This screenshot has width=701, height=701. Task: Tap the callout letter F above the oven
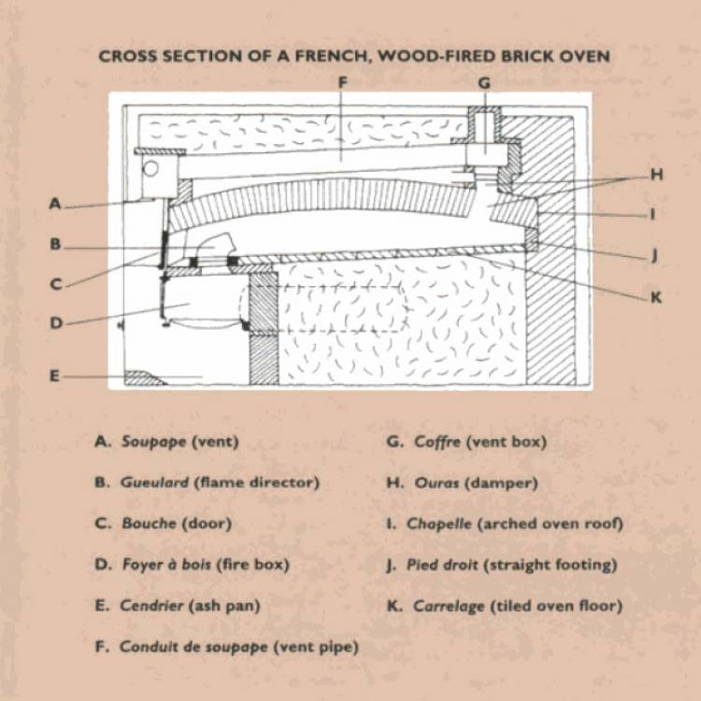point(343,82)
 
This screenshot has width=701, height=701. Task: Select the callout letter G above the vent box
point(483,82)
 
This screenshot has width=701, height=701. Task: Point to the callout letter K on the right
point(656,297)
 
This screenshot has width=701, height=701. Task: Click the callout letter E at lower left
point(55,376)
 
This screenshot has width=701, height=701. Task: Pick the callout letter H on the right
point(656,174)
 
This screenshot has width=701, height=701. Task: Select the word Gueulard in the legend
point(154,482)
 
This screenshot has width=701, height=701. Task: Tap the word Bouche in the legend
point(147,523)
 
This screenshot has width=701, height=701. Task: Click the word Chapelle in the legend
point(439,523)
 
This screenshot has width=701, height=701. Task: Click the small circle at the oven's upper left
point(150,170)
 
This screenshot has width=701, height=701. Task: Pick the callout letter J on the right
point(656,254)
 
